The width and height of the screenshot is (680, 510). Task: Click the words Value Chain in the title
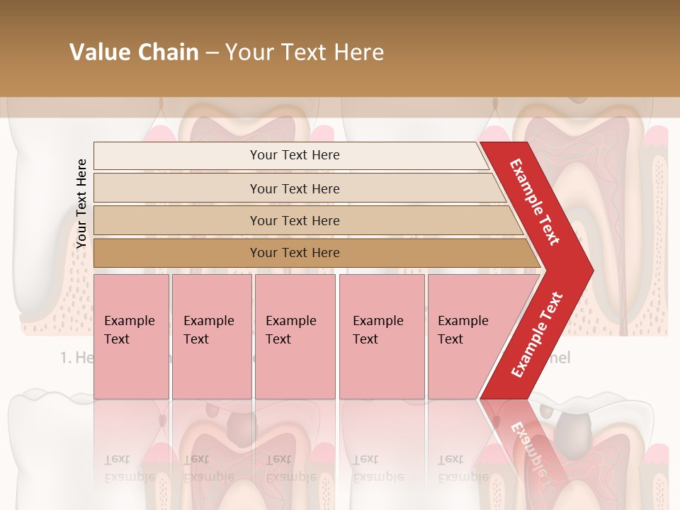[x=134, y=52]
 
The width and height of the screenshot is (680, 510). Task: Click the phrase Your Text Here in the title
[x=305, y=52]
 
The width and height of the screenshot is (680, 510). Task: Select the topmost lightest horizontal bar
[x=177, y=155]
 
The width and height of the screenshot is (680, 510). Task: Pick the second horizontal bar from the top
[x=177, y=188]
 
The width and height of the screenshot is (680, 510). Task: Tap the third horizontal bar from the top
[x=177, y=220]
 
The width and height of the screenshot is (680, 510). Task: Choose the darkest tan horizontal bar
[x=177, y=253]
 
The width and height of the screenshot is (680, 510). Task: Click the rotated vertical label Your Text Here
[x=81, y=203]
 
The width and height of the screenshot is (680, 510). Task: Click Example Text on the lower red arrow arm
[x=537, y=335]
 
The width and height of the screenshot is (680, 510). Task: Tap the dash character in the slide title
[x=212, y=53]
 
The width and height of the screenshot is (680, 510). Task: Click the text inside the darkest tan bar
[x=295, y=253]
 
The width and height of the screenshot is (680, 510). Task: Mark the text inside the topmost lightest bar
[x=295, y=155]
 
